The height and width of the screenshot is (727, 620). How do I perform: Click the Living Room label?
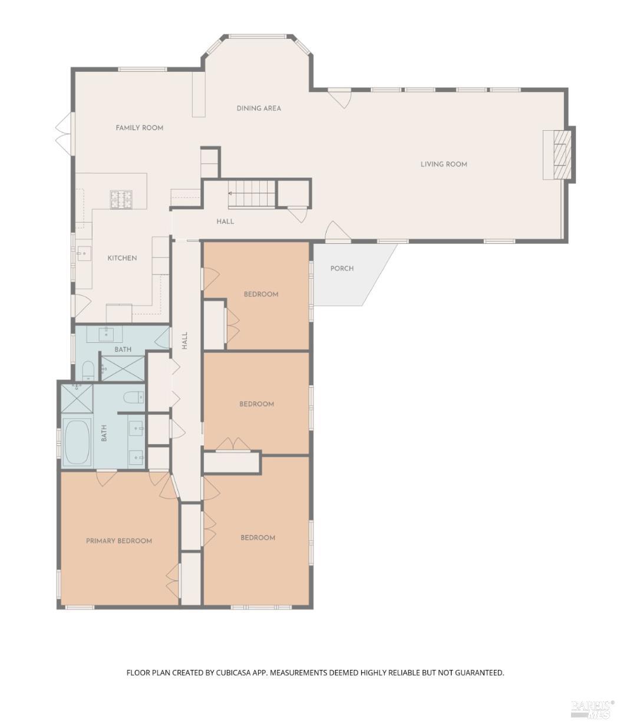pos(444,164)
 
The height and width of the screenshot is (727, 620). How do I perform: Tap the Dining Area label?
pos(259,108)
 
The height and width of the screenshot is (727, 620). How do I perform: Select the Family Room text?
pos(139,128)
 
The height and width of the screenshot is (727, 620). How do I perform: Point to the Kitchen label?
pos(122,258)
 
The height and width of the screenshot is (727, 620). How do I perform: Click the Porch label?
pos(342,269)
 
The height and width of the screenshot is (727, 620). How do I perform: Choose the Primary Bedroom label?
pos(119,541)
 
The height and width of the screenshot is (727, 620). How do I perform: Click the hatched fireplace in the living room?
pos(562,155)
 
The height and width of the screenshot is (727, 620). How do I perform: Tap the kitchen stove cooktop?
pos(121,199)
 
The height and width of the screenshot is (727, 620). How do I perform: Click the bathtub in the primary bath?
pos(77,441)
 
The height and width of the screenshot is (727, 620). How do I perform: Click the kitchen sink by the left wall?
pos(84,253)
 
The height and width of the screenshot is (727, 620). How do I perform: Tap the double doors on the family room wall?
pos(65,133)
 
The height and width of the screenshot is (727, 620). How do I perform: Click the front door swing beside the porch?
pos(338,232)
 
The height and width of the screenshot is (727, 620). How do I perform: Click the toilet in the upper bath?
pos(88,371)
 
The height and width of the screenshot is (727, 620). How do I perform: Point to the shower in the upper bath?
pos(123,368)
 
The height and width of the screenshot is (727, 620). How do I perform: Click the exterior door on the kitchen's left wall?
pos(80,305)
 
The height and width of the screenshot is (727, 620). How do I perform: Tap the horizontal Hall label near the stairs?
pos(225,222)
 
